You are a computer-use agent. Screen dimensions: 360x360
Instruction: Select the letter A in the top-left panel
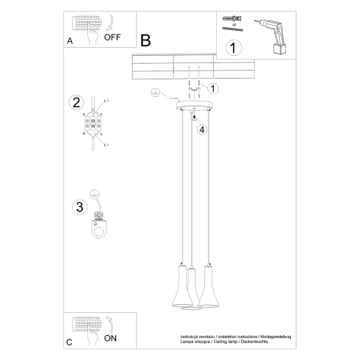coord(70,43)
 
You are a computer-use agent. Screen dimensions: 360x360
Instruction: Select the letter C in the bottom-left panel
coord(69,342)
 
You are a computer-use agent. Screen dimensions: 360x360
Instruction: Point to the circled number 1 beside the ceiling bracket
coord(214,89)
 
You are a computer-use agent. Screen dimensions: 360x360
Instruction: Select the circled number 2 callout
coord(75,102)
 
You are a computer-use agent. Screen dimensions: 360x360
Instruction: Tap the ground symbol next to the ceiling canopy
coord(155,94)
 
